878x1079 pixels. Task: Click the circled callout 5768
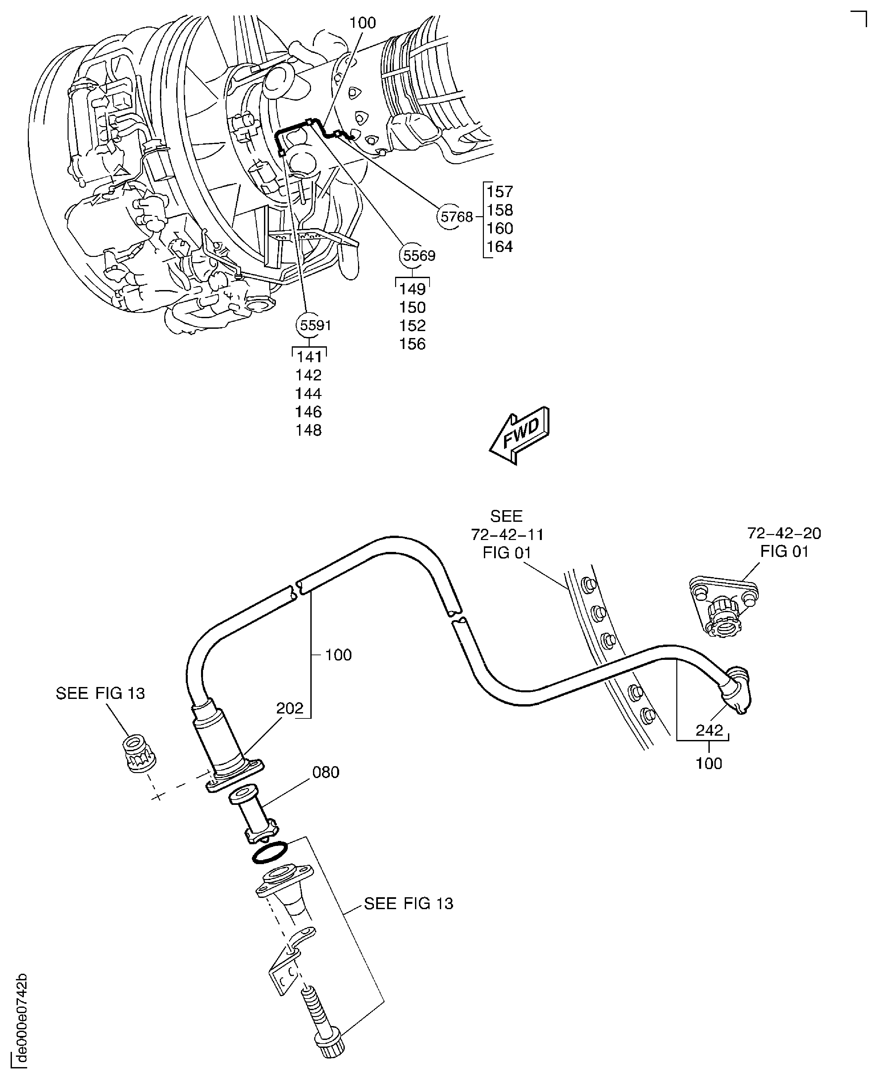coord(456,217)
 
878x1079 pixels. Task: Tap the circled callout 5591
coord(315,325)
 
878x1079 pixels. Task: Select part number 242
coord(709,730)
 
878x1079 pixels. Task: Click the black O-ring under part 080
coord(269,854)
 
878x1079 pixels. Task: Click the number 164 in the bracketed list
coord(500,247)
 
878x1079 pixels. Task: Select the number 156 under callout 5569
coord(412,344)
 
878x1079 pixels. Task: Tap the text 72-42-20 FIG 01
coord(784,542)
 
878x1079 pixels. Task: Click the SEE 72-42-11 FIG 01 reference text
coord(507,534)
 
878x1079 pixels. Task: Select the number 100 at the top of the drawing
coord(363,23)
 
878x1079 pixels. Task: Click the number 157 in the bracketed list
coord(500,192)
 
